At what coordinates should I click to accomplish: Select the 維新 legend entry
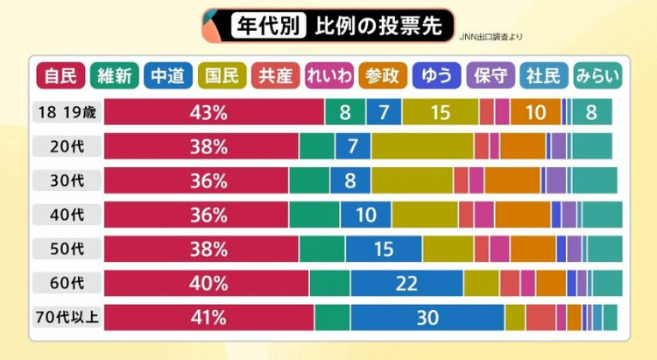(x=114, y=76)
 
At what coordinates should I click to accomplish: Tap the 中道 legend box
(x=168, y=76)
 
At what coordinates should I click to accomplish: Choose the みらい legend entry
(x=597, y=76)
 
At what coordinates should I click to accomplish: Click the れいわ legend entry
(x=328, y=76)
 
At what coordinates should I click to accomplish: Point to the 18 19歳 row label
(x=67, y=112)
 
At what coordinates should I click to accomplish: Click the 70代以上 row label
(x=67, y=317)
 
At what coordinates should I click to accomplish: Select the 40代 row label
(x=67, y=215)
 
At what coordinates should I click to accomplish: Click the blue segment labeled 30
(x=427, y=317)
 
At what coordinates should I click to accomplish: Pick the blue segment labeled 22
(x=406, y=283)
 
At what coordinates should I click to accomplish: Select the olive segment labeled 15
(x=440, y=112)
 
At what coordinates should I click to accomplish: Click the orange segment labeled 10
(x=534, y=112)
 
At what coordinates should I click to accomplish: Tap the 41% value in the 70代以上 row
(x=208, y=317)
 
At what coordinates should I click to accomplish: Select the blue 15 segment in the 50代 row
(x=384, y=249)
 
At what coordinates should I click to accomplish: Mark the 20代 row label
(x=67, y=146)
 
